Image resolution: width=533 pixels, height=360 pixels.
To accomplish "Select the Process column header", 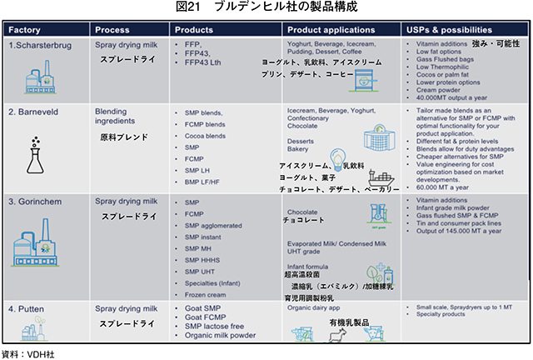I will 112,29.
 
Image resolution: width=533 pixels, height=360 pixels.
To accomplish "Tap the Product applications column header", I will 328,29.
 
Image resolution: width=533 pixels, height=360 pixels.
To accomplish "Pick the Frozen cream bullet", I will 205,295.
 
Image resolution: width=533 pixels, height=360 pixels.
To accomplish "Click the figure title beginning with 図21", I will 266,7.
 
